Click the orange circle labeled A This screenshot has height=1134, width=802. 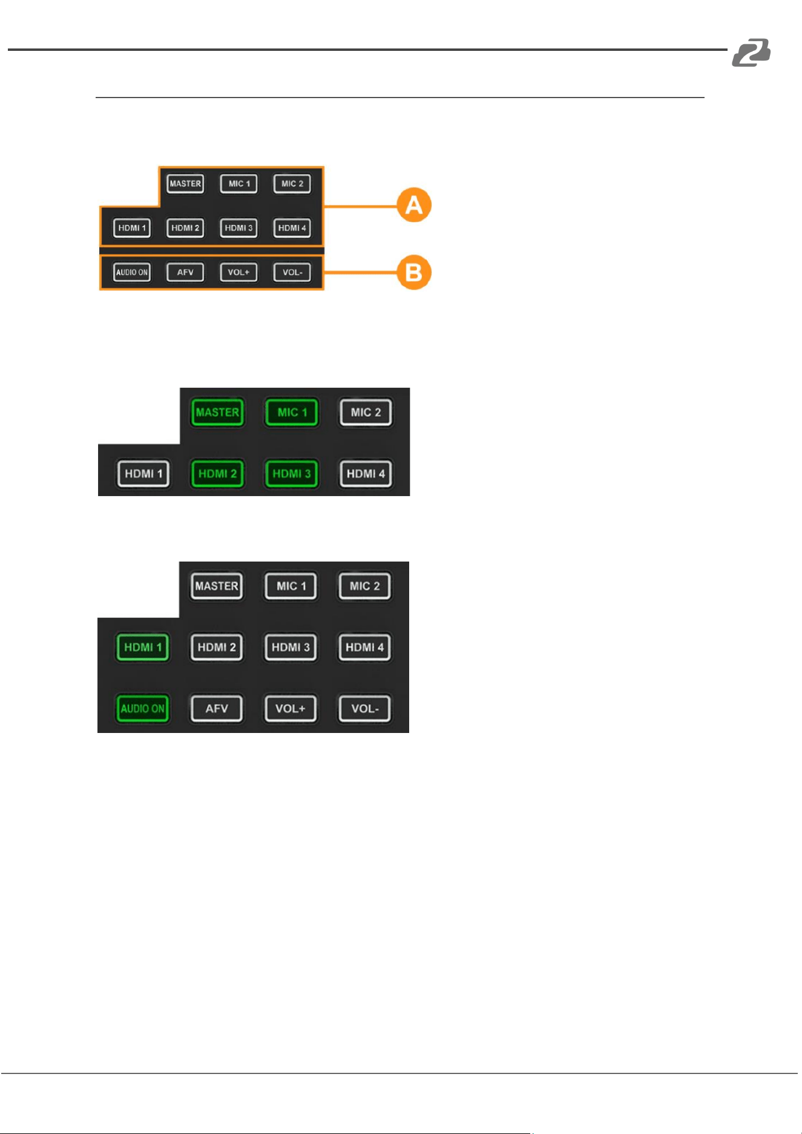pos(414,205)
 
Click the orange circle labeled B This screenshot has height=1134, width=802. pos(414,273)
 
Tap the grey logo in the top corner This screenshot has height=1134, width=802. pos(751,53)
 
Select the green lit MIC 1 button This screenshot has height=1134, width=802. pos(292,413)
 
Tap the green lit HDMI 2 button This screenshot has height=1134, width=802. pos(217,474)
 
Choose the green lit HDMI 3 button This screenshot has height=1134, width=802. pos(292,474)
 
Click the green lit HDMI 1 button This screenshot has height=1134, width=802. pos(143,647)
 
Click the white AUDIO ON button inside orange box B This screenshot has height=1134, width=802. pos(132,272)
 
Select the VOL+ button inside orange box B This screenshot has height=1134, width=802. pos(238,272)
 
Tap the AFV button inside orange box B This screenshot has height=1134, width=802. pos(185,272)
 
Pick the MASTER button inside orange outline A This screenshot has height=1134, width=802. pos(185,184)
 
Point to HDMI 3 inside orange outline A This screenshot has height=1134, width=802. pos(238,228)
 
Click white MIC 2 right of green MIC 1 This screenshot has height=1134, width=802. pos(366,413)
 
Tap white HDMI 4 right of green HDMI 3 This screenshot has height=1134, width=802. pos(366,474)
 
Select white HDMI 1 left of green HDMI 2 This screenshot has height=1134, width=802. pos(143,474)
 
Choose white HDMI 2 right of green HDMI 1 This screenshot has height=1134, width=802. pos(217,647)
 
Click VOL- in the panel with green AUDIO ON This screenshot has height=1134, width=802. pos(365,709)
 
